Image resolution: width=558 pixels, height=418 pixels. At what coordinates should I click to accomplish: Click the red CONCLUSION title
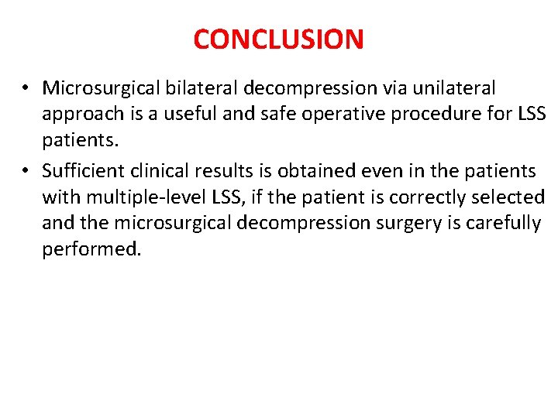pos(278,39)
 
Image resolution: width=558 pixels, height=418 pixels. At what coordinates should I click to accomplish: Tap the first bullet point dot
pos(26,89)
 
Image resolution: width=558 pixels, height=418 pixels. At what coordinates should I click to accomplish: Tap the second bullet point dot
pos(26,171)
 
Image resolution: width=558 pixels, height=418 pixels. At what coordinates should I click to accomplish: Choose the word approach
pos(82,115)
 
